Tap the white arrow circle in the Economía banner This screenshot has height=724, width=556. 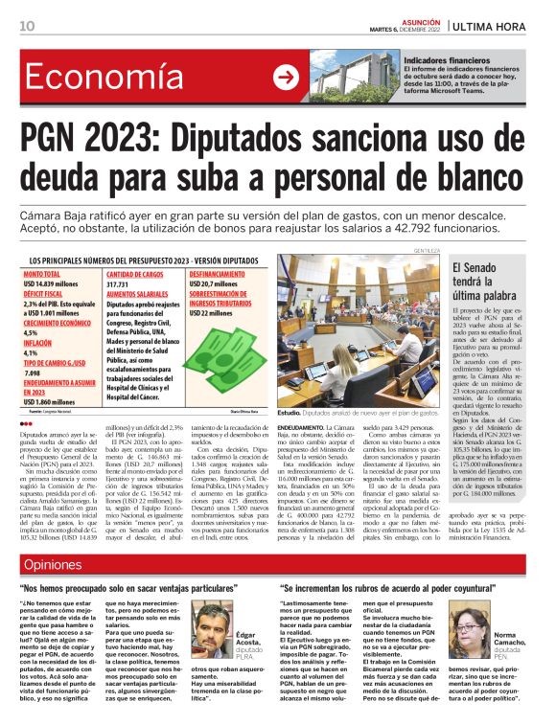pos(285,78)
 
